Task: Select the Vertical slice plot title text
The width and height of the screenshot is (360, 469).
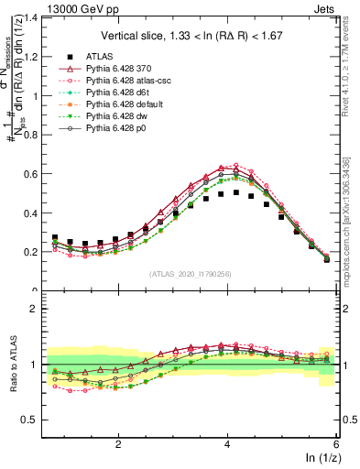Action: (x=190, y=35)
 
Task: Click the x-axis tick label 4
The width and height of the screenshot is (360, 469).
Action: (x=227, y=443)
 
